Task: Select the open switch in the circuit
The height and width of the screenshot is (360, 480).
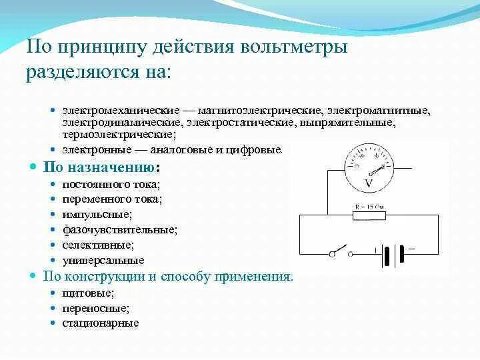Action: pyautogui.click(x=341, y=251)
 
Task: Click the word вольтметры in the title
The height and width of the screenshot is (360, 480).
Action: pyautogui.click(x=293, y=48)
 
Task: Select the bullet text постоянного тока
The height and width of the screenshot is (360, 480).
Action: pyautogui.click(x=111, y=184)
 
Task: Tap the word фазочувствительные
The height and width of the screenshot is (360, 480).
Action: pyautogui.click(x=119, y=229)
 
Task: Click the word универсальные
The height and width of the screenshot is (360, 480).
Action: pyautogui.click(x=103, y=260)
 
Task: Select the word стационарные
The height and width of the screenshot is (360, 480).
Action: pyautogui.click(x=101, y=323)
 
